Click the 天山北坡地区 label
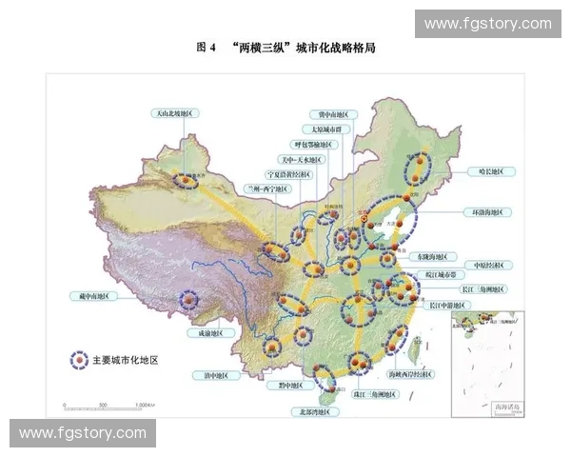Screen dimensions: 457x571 [176, 113]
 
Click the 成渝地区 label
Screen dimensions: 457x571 [211, 333]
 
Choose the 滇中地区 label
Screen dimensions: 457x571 [217, 376]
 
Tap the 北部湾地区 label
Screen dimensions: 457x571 [314, 412]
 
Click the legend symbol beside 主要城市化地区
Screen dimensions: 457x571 [78, 360]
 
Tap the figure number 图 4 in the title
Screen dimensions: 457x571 [207, 46]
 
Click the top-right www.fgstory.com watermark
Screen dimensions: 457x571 [487, 23]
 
